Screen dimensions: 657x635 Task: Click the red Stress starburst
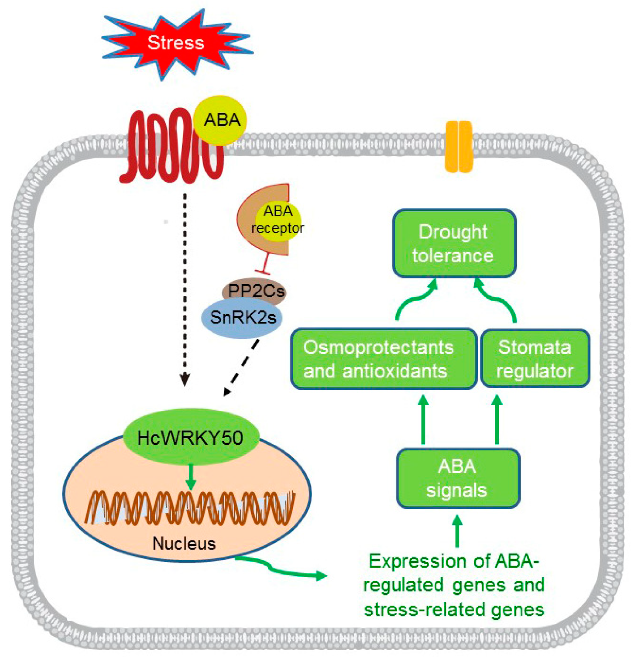[x=176, y=43]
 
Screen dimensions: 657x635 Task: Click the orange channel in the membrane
[x=459, y=147]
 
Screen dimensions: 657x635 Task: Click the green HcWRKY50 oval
[x=190, y=438]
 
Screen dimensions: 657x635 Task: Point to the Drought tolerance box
[x=454, y=243]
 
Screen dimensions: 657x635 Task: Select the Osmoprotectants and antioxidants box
[x=384, y=359]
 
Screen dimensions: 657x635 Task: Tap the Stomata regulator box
[x=534, y=359]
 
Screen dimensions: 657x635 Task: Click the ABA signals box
[x=457, y=478]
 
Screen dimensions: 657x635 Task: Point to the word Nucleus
[x=184, y=543]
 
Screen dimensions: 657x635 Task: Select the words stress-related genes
[x=454, y=610]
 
